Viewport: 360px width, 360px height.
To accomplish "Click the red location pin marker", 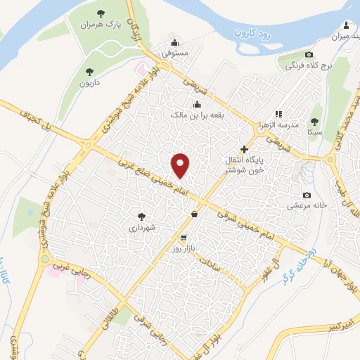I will (181, 165).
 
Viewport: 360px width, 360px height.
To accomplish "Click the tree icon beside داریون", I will (89, 71).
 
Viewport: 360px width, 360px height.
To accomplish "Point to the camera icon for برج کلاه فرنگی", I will (309, 55).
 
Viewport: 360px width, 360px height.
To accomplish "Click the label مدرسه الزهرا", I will (299, 124).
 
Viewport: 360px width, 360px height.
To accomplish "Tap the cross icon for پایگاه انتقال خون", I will (244, 148).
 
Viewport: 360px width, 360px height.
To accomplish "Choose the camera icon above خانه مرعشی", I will (307, 195).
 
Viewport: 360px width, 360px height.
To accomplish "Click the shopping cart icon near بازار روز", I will (184, 238).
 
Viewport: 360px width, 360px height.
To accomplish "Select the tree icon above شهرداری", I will (141, 217).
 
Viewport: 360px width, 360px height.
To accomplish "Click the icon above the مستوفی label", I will (175, 41).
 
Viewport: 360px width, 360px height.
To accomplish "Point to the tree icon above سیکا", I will (314, 120).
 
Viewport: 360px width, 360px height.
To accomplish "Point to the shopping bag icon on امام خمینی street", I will (194, 214).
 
